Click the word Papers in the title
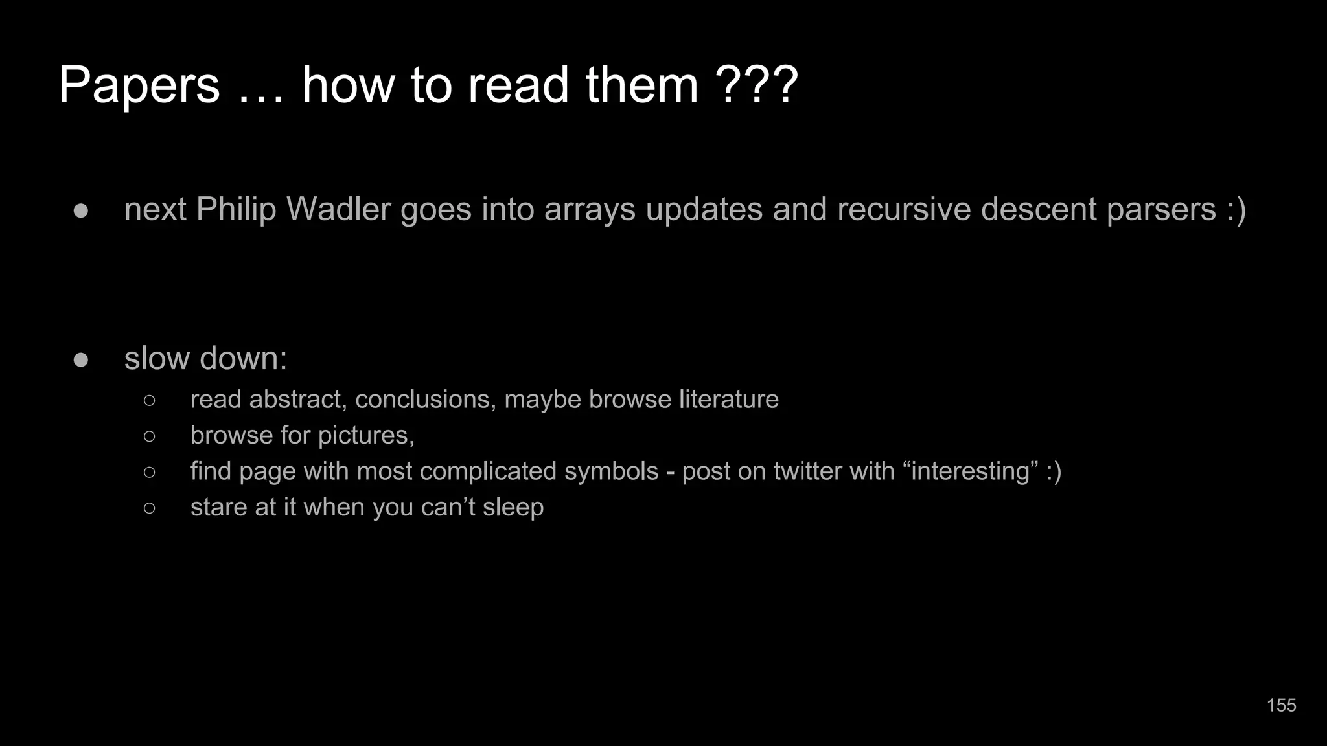click(139, 85)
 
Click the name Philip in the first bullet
click(236, 209)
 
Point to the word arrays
click(590, 209)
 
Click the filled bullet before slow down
click(81, 359)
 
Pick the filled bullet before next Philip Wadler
click(81, 210)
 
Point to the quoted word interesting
click(971, 471)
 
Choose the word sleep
click(513, 507)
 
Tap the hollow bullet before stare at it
click(150, 508)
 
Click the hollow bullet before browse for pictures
click(150, 436)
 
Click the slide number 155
click(1281, 705)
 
